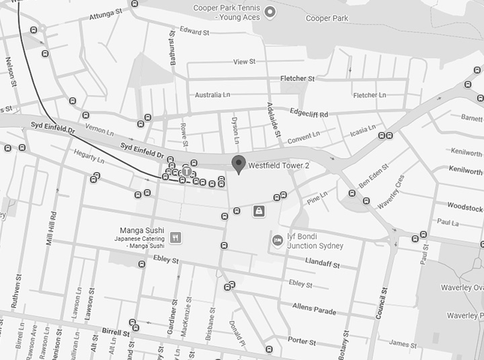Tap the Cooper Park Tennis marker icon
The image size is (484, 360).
pos(270,11)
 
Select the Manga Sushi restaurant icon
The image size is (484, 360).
pos(175,237)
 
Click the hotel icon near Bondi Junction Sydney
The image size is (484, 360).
pos(276,240)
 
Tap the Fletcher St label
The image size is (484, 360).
pos(297,79)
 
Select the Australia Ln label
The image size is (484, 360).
pos(212,95)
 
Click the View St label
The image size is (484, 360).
pos(244,62)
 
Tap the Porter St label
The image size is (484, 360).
pos(302,340)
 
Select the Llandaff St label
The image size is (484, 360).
pos(323,262)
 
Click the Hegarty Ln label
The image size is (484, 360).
pos(89,157)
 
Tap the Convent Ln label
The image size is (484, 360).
pos(302,139)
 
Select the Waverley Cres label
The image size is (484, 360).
pos(391,190)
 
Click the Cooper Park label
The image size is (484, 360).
pos(327,18)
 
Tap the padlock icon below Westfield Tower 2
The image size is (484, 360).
pos(258,211)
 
